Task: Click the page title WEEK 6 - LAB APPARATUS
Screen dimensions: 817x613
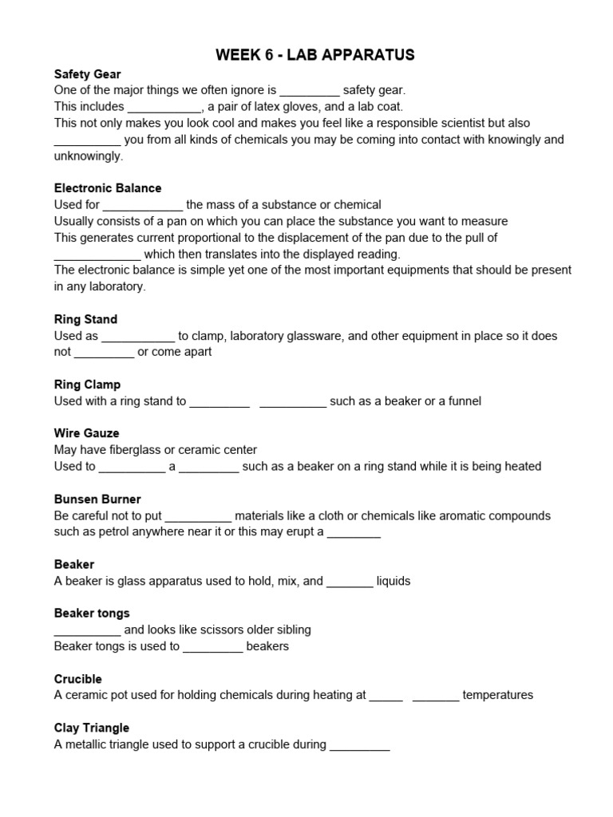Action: click(315, 55)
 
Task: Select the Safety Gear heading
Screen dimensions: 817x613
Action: click(88, 74)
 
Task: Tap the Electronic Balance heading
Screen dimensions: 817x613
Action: click(108, 188)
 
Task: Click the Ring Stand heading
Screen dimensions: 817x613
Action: click(85, 319)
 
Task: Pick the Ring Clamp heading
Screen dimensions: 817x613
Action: click(87, 385)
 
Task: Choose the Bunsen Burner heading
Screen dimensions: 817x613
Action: click(97, 499)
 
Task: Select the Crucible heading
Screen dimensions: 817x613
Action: click(78, 679)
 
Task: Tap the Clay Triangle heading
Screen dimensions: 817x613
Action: click(92, 728)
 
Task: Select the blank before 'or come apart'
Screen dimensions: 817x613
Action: click(105, 353)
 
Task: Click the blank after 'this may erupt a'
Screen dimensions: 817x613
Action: click(354, 533)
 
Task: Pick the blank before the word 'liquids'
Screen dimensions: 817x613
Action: click(350, 582)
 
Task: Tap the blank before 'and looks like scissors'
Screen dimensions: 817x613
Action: click(87, 630)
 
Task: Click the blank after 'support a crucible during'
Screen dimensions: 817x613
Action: click(359, 745)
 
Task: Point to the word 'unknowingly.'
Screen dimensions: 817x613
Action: click(89, 156)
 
